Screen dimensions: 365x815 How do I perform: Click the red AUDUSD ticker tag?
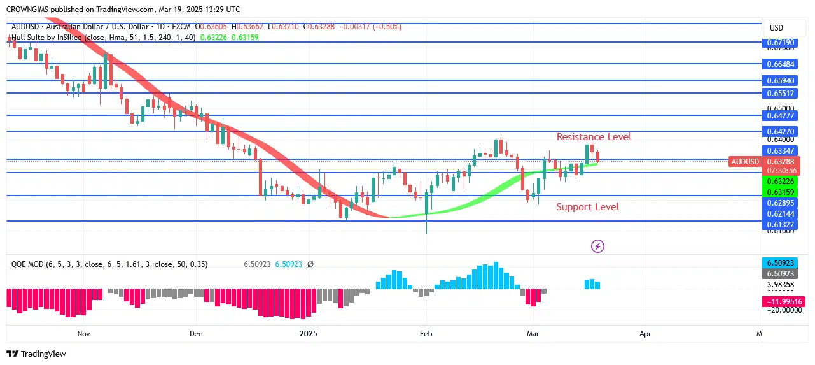coord(745,162)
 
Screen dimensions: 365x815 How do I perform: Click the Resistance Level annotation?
coord(594,137)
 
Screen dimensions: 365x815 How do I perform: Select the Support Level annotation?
coord(587,207)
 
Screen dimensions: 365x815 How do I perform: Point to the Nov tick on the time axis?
coord(83,333)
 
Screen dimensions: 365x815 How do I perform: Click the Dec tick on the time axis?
coord(195,333)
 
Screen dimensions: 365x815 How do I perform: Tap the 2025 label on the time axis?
coord(308,333)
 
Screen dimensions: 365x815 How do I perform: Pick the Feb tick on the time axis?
coord(426,333)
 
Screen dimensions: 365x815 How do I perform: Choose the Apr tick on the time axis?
coord(646,333)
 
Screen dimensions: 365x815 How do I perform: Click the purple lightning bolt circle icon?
coord(597,246)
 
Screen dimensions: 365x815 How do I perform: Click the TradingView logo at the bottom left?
coord(36,354)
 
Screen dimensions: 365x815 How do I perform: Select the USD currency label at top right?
coord(776,28)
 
